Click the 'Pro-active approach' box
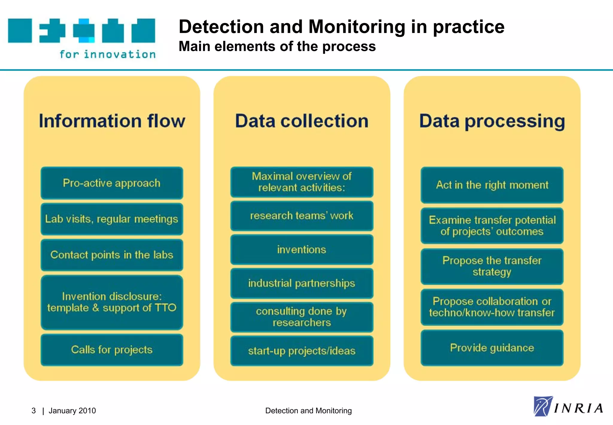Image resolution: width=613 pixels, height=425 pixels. pyautogui.click(x=112, y=183)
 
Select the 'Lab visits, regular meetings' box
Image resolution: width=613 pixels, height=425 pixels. pyautogui.click(x=112, y=219)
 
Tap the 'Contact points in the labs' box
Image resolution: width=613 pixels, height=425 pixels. pyautogui.click(x=112, y=255)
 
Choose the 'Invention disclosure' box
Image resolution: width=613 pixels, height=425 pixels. pyautogui.click(x=112, y=302)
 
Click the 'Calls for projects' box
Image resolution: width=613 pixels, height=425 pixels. pyautogui.click(x=112, y=350)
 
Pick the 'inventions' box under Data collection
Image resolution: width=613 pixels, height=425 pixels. pyautogui.click(x=301, y=250)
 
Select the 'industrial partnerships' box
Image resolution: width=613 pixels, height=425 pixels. pyautogui.click(x=301, y=283)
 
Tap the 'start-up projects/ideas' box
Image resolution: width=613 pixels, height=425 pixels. pyautogui.click(x=301, y=351)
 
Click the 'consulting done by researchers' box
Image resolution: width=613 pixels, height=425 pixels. pyautogui.click(x=301, y=317)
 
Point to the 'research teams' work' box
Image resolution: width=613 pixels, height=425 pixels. pyautogui.click(x=301, y=216)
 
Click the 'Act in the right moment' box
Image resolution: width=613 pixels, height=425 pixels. pyautogui.click(x=492, y=185)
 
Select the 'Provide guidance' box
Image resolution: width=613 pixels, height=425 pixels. pyautogui.click(x=492, y=348)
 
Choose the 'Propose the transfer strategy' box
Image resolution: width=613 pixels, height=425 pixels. pyautogui.click(x=492, y=266)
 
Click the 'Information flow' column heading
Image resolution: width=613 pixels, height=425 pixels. pyautogui.click(x=112, y=121)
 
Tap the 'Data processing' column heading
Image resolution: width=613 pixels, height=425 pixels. pyautogui.click(x=492, y=121)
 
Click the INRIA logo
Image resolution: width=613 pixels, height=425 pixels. pyautogui.click(x=568, y=407)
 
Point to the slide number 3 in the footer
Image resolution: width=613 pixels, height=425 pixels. pyautogui.click(x=34, y=411)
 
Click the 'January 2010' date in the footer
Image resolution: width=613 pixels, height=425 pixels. pyautogui.click(x=72, y=411)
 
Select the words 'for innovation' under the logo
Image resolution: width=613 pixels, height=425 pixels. pyautogui.click(x=107, y=54)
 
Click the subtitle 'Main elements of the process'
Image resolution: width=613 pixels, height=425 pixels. pyautogui.click(x=277, y=46)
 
